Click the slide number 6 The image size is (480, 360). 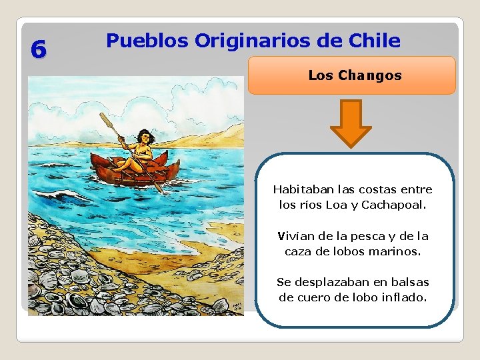(x=39, y=49)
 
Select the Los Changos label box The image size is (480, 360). (x=352, y=75)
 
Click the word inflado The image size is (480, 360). (x=403, y=297)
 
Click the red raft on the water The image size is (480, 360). (x=137, y=170)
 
